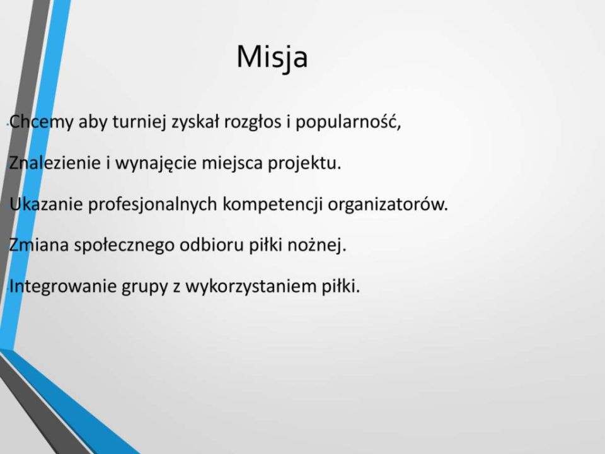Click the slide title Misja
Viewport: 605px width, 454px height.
pos(272,58)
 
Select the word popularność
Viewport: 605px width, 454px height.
pos(349,122)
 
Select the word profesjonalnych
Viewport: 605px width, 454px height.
pos(153,204)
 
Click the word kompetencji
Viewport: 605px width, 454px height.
pos(272,204)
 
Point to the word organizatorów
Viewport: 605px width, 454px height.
pos(388,204)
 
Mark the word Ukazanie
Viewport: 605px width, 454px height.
pos(46,204)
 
